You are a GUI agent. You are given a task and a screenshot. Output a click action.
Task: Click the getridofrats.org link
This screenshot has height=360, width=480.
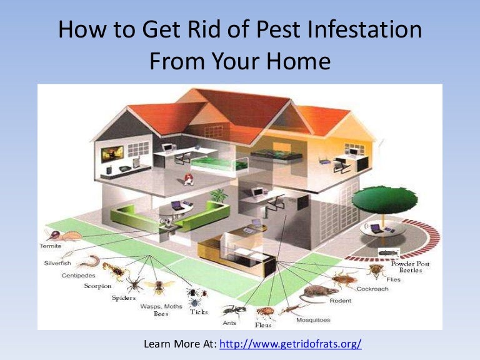(291, 344)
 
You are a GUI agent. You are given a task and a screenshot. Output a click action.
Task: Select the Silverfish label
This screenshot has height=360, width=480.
(57, 263)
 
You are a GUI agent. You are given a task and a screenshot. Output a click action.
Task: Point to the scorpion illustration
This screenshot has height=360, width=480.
(116, 271)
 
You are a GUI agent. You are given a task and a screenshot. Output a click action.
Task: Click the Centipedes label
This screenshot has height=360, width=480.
(79, 275)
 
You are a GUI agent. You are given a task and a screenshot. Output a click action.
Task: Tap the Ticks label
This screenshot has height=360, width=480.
(199, 312)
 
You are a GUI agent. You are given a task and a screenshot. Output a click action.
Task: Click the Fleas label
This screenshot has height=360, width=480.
(262, 325)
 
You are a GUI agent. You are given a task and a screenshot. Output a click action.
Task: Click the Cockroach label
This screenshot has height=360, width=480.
(373, 289)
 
